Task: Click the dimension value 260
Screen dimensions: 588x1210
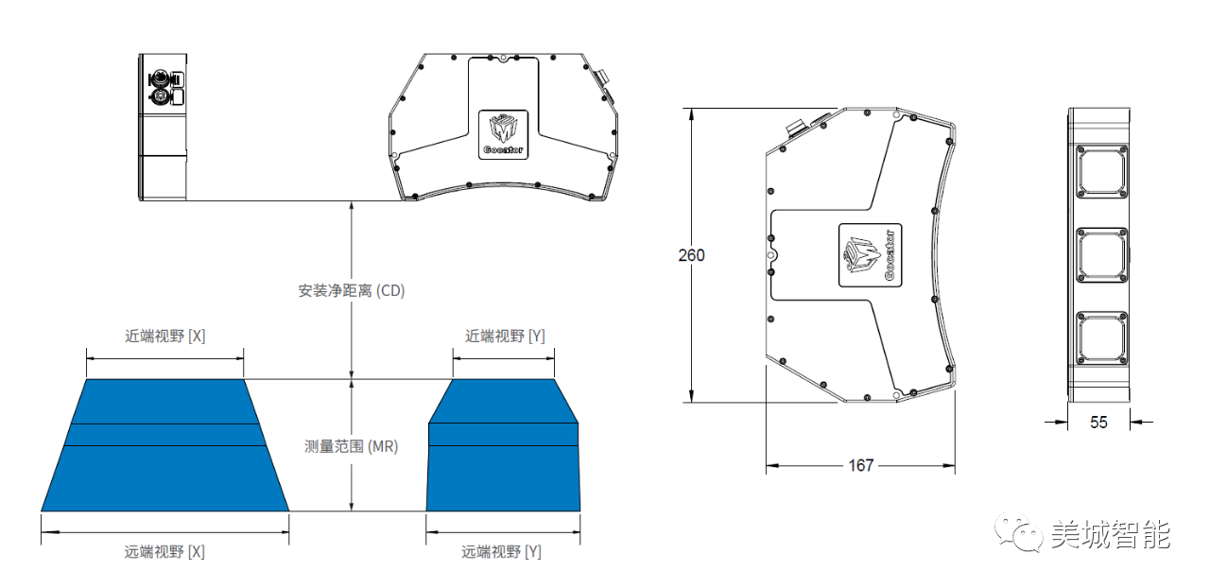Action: point(691,255)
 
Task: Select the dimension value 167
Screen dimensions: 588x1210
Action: point(860,465)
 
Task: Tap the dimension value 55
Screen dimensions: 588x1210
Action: point(1098,423)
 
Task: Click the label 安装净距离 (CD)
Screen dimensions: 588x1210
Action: point(352,291)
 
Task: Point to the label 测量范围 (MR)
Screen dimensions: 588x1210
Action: point(352,446)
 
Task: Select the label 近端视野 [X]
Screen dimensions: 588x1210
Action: point(164,337)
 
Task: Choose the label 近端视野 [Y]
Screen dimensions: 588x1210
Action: point(504,337)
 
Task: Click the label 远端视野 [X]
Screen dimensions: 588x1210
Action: point(164,551)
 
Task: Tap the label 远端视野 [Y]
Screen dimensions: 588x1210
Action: point(501,551)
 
